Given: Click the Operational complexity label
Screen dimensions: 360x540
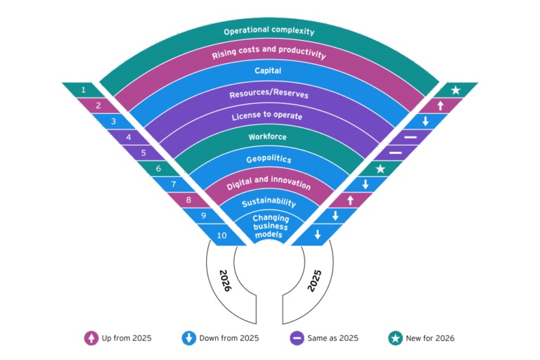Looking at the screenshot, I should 269,32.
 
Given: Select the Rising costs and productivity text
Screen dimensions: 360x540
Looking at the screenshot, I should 269,55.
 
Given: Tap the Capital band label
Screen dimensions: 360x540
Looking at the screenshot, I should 269,71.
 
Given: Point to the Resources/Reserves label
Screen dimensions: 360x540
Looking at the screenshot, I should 269,94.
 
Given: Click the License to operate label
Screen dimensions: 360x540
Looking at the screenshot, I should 269,115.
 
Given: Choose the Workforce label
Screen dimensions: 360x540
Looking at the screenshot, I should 269,136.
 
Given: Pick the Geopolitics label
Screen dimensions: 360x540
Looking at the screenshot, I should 269,160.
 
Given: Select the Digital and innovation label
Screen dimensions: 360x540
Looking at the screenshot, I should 269,184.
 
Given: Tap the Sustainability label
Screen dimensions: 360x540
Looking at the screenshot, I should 269,203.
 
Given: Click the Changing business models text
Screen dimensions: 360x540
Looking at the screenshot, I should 269,226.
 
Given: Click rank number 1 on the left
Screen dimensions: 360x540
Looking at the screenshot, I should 84,90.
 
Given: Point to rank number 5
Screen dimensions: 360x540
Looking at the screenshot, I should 143,151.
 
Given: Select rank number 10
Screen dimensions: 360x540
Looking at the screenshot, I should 221,236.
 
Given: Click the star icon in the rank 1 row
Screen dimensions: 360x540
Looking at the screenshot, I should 456,90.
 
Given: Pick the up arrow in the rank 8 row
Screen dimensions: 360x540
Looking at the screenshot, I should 350,200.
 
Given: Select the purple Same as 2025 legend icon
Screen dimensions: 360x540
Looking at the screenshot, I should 297,338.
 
